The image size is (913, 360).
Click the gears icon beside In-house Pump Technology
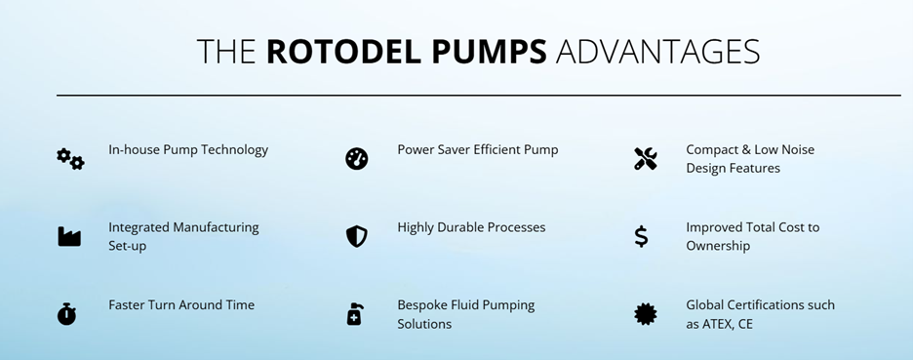click(x=70, y=158)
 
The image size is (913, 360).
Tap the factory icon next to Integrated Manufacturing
click(x=68, y=236)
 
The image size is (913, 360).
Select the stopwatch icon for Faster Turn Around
click(x=66, y=314)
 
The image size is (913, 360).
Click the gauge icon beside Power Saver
click(x=357, y=158)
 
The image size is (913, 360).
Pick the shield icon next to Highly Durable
click(x=357, y=236)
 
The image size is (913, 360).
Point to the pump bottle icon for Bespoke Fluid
click(x=355, y=314)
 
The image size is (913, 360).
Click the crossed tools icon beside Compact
click(x=646, y=158)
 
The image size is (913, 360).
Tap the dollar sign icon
click(x=641, y=236)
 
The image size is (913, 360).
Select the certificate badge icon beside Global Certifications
click(x=646, y=314)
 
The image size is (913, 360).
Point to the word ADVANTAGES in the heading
click(x=657, y=52)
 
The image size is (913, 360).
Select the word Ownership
click(x=718, y=246)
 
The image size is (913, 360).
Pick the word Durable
click(x=467, y=227)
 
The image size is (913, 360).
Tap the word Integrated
click(x=139, y=227)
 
